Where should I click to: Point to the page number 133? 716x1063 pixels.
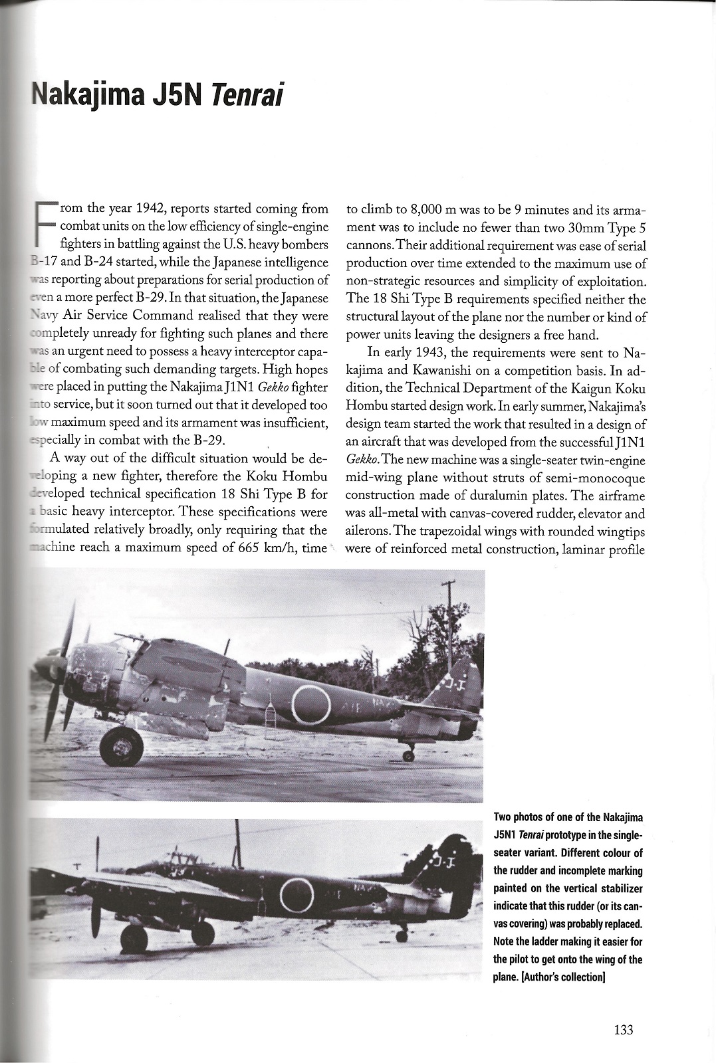623,1030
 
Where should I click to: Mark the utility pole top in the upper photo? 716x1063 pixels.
449,585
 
